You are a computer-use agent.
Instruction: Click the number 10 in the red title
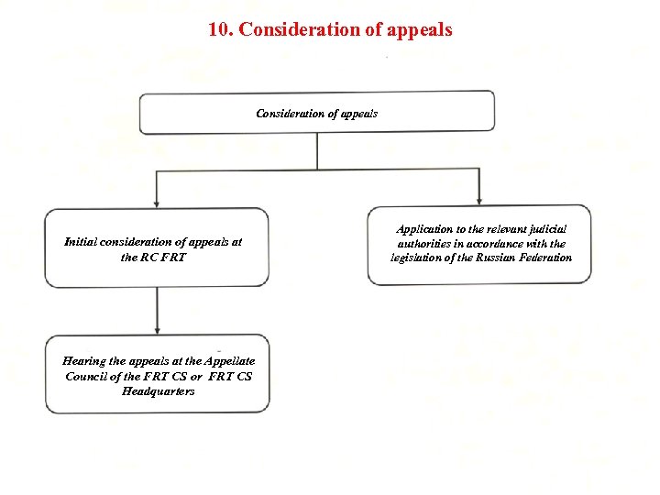click(218, 29)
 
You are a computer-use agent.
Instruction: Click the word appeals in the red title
click(419, 29)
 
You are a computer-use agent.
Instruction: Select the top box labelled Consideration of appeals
click(316, 112)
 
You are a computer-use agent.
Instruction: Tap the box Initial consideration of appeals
click(157, 247)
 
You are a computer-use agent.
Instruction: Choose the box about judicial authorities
click(480, 244)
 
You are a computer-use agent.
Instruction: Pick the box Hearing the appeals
click(158, 376)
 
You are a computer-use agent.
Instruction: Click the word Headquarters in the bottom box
click(158, 391)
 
